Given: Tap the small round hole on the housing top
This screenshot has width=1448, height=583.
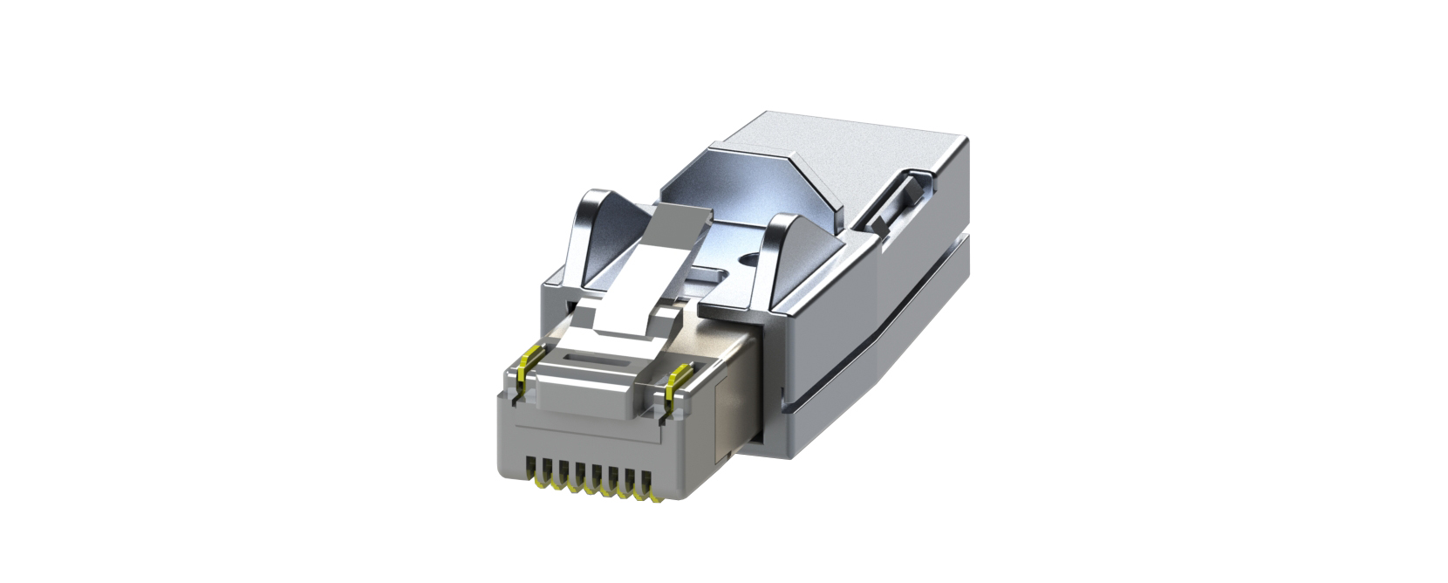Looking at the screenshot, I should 748,258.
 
